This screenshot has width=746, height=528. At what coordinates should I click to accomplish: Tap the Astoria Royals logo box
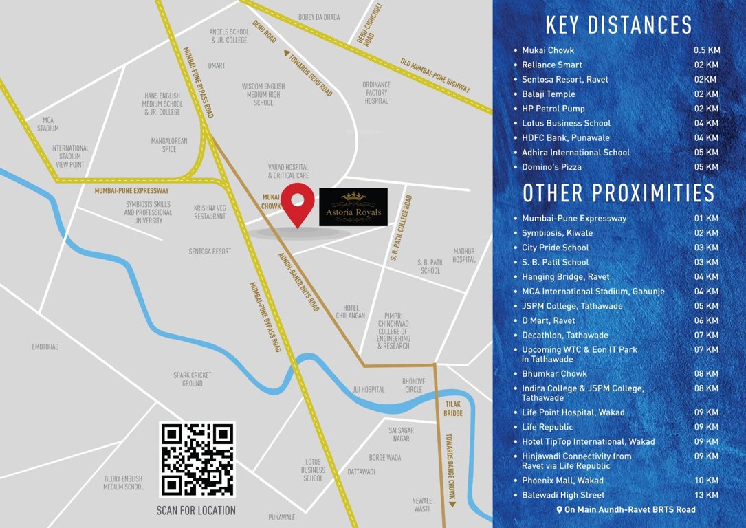click(x=353, y=207)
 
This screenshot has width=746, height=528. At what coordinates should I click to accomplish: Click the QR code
click(x=197, y=459)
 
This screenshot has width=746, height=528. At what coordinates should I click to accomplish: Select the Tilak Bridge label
click(x=453, y=409)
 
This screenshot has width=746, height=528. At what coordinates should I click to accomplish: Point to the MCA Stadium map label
click(x=48, y=124)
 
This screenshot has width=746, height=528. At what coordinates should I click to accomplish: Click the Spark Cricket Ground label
click(x=193, y=379)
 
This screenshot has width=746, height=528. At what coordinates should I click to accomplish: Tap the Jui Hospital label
click(x=369, y=390)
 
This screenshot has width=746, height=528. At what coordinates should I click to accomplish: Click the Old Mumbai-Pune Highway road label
click(x=436, y=76)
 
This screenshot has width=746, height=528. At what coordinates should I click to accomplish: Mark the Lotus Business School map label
click(x=313, y=470)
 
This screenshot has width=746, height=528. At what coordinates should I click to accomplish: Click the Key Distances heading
click(x=619, y=25)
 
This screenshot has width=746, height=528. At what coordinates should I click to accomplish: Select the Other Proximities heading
click(x=619, y=193)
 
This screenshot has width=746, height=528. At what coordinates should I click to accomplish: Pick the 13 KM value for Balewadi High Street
click(x=707, y=495)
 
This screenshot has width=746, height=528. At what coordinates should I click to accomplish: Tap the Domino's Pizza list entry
click(x=551, y=167)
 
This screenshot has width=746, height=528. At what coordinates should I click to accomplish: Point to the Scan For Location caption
click(x=197, y=511)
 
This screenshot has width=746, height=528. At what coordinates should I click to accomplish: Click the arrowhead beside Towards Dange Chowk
click(x=452, y=504)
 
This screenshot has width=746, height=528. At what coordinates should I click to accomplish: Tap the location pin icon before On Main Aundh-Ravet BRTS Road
click(x=560, y=510)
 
